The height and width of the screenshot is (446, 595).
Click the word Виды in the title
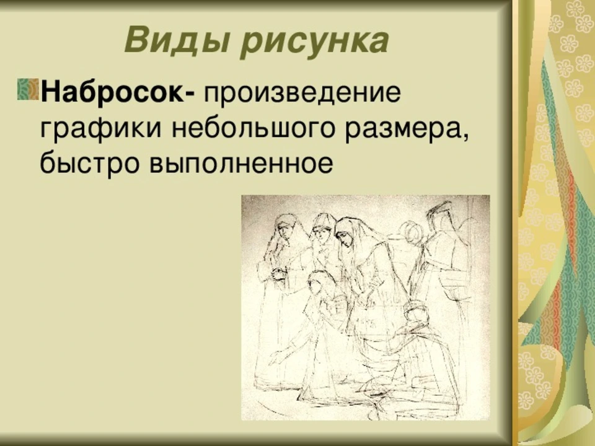pos(177,41)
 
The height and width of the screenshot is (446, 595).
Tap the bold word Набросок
pos(112,92)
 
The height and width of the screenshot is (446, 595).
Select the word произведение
pos(302,93)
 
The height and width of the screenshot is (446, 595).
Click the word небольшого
pos(253,128)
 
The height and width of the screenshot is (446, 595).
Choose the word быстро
pos(89,163)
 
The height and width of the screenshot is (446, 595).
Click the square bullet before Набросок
pos(28,89)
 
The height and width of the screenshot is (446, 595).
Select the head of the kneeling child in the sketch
pos(318,282)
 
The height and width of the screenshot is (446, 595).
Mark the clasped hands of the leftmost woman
pos(279,274)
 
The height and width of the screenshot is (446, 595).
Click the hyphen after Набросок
pos(190,95)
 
